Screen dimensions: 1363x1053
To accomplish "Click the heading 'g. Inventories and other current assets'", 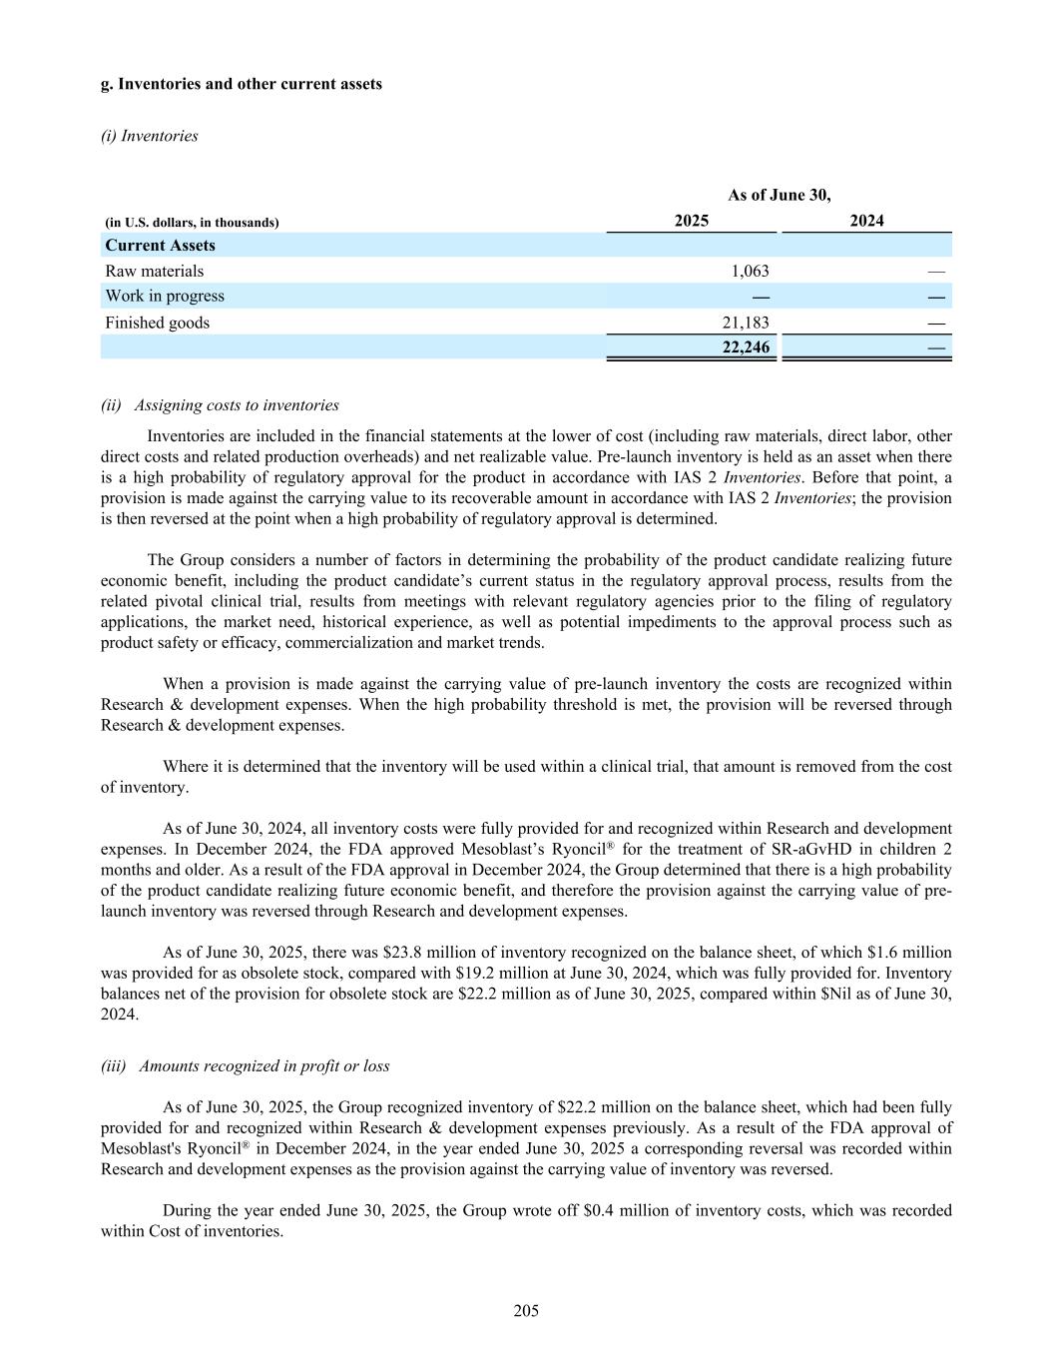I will [x=242, y=84].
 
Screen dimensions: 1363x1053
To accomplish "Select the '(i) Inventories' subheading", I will [x=150, y=136].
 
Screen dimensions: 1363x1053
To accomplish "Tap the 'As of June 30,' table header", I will [x=779, y=195].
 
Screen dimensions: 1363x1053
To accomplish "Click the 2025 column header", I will [x=691, y=221].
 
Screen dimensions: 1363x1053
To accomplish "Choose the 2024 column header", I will [x=866, y=221].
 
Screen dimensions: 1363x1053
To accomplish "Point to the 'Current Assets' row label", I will [x=160, y=246].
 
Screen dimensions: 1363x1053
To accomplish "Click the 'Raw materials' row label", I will [x=154, y=271].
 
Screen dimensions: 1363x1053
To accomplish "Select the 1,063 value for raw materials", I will [x=750, y=271].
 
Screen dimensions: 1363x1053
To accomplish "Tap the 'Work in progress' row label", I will [x=165, y=296].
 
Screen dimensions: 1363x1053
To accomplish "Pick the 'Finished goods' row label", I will [x=157, y=323].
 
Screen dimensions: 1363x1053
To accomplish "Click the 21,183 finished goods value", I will [x=745, y=323].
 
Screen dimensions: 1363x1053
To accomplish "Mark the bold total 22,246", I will [x=745, y=346].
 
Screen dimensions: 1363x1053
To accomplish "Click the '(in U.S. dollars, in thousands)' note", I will [x=192, y=223].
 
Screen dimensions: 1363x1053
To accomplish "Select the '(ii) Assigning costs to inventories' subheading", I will [x=220, y=405].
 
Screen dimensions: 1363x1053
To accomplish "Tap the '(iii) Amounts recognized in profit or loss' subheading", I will [x=245, y=1066].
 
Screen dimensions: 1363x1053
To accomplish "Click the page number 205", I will [x=526, y=1311].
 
